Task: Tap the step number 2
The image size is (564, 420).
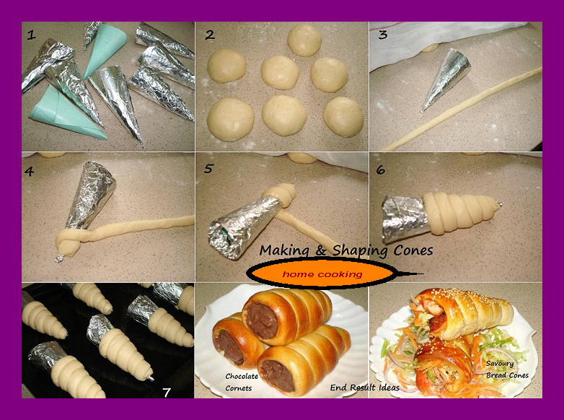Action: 210,35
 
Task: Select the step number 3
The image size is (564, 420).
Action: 383,35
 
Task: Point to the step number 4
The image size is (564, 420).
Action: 30,171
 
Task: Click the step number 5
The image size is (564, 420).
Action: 208,170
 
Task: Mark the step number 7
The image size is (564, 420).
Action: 167,392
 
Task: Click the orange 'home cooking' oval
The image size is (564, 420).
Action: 322,274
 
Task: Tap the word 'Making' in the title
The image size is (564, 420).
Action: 284,250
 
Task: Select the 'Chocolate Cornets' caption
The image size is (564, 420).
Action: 242,382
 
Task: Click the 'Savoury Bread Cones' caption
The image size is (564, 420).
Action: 506,369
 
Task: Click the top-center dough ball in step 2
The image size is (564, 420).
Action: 304,40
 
